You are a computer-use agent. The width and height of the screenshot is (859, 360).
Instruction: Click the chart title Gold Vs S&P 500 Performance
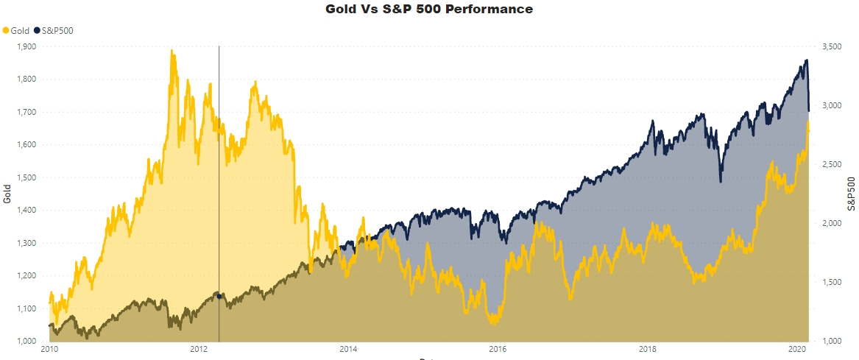pyautogui.click(x=429, y=10)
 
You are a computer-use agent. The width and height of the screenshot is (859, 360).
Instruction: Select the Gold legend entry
pyautogui.click(x=15, y=30)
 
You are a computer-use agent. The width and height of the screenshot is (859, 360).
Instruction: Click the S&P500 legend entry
pyautogui.click(x=56, y=30)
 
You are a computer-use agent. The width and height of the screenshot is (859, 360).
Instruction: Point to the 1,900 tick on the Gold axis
pyautogui.click(x=26, y=46)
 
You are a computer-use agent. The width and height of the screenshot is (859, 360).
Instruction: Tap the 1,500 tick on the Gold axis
pyautogui.click(x=26, y=177)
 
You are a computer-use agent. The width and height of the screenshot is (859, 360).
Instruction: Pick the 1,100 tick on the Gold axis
pyautogui.click(x=26, y=308)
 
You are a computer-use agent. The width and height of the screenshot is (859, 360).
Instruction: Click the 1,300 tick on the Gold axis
pyautogui.click(x=26, y=243)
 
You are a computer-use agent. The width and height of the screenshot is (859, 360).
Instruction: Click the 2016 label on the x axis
pyautogui.click(x=498, y=348)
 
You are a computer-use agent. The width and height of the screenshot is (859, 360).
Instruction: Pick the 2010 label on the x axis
pyautogui.click(x=49, y=348)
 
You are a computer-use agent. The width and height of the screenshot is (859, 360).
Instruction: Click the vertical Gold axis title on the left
pyautogui.click(x=7, y=194)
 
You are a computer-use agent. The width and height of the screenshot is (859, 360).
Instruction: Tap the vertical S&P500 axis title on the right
pyautogui.click(x=852, y=194)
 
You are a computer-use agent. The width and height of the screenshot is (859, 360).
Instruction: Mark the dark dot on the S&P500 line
pyautogui.click(x=219, y=295)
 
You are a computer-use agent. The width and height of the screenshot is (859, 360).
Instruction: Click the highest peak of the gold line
pyautogui.click(x=172, y=51)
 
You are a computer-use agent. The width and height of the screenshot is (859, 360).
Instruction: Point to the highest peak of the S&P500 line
pyautogui.click(x=807, y=60)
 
